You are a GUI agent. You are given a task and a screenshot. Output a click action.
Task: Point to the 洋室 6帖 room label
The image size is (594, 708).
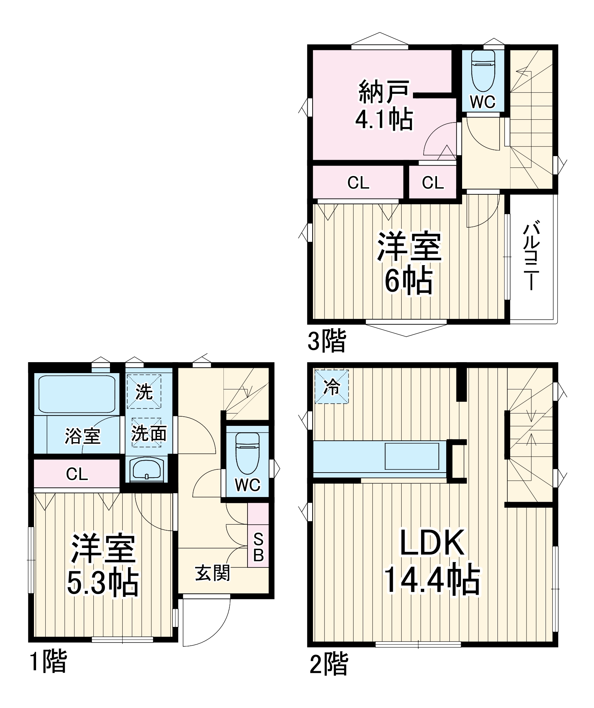(409, 263)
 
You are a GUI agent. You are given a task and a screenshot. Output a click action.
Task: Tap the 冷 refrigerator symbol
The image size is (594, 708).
(332, 387)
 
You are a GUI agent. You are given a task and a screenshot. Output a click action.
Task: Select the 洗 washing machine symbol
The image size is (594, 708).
(144, 392)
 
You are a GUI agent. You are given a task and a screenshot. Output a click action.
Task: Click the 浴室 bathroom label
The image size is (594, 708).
(82, 436)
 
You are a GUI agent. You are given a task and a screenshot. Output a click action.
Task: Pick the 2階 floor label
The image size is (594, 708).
(328, 663)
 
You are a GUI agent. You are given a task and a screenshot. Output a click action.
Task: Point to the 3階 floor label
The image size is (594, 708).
(326, 341)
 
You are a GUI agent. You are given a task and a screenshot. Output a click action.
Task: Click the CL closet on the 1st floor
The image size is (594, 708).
(77, 474)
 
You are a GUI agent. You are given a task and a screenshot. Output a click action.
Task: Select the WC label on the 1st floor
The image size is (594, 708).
(248, 485)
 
